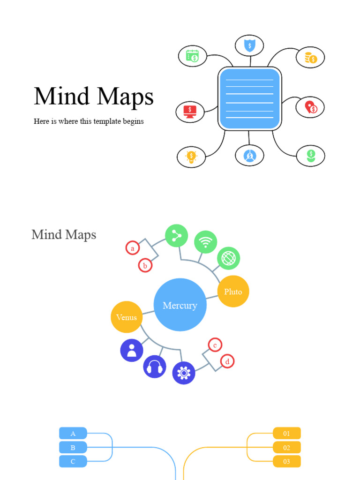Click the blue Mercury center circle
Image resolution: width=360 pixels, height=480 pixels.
tap(180, 305)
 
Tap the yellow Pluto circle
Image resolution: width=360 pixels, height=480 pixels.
tap(233, 292)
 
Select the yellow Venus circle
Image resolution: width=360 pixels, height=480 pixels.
tap(127, 317)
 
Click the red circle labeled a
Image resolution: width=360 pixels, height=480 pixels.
tap(133, 248)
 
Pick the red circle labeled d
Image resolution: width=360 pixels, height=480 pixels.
tap(227, 361)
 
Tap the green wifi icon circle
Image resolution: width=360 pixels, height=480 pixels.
tap(205, 242)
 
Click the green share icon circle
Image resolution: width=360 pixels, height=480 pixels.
tap(177, 236)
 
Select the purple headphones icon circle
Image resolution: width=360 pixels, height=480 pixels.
tap(155, 367)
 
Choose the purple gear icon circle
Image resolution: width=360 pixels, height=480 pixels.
tap(184, 373)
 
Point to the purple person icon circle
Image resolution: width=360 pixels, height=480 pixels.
tap(132, 350)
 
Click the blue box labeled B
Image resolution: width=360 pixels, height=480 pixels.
tap(73, 448)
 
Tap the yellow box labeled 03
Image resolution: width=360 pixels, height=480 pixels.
tap(287, 461)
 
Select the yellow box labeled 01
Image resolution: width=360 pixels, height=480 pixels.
tap(287, 434)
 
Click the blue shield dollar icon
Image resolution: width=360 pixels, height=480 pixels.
tap(250, 45)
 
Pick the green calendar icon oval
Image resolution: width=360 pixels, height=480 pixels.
tap(193, 56)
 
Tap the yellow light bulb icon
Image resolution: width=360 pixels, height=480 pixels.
tap(191, 157)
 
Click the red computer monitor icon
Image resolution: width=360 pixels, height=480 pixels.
tap(190, 112)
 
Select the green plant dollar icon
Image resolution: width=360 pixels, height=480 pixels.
tap(311, 156)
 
